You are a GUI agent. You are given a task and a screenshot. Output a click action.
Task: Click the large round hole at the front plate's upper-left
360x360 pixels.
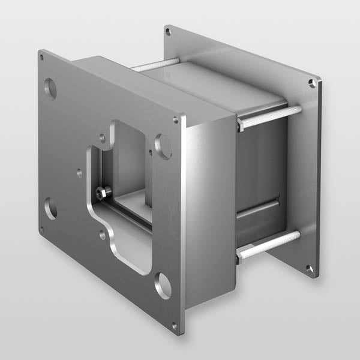(x=51, y=89)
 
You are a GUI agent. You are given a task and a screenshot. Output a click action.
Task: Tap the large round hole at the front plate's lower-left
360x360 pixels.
(x=51, y=208)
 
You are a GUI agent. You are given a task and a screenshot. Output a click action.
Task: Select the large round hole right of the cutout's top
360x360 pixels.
(x=163, y=146)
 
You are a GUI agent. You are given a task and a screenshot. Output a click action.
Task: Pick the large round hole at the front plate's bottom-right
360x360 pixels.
(x=162, y=286)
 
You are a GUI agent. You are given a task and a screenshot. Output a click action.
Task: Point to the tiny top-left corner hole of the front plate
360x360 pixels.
(x=41, y=59)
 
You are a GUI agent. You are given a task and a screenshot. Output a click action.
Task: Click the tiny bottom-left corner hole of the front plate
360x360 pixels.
(x=41, y=229)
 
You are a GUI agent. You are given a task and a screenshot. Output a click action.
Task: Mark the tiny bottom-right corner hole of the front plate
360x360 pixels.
(x=174, y=326)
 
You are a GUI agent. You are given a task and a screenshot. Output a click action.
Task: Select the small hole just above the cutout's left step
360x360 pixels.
(x=102, y=138)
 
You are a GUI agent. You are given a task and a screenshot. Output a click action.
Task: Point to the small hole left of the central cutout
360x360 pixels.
(x=80, y=172)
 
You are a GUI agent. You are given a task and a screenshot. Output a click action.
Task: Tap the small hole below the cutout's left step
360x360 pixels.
(x=103, y=235)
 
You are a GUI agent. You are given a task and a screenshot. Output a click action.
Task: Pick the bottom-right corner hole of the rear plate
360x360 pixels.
(x=310, y=269)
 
